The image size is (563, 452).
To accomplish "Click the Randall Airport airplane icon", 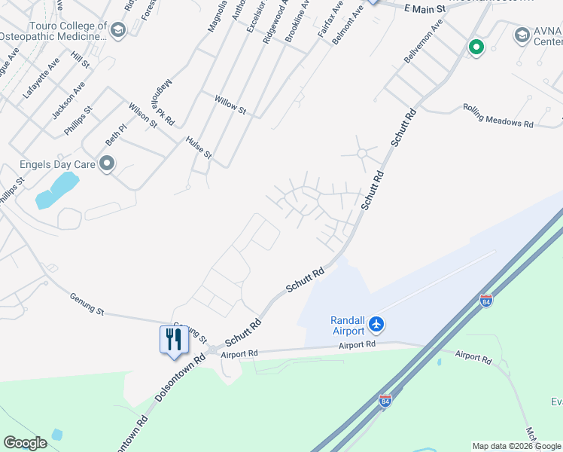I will coord(377,325).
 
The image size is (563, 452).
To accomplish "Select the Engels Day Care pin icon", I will coord(106,163).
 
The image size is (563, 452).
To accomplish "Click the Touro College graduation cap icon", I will coord(117,30).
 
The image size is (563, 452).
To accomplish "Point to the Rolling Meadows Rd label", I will coord(498,115).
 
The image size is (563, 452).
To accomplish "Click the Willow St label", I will coord(230,105).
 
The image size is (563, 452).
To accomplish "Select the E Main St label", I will coord(425,8).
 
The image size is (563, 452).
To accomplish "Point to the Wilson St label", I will coord(142,115).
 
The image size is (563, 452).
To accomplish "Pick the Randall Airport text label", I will coord(348,325).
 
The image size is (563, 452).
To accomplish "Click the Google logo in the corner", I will coord(25,443).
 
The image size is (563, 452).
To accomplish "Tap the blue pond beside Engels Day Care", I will coord(57,189).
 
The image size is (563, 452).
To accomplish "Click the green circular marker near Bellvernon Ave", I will coord(476,47).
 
